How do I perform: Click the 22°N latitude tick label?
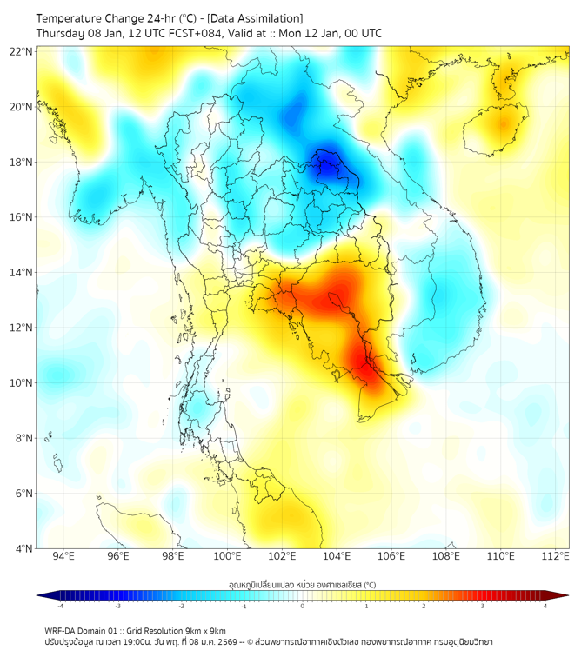pos(22,51)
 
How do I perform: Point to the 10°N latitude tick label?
pos(22,383)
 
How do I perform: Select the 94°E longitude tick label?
pos(63,556)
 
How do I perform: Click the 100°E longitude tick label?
pos(227,556)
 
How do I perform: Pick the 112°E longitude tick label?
pos(555,556)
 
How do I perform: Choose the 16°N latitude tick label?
pos(22,217)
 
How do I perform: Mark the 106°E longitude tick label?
pos(391,556)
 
